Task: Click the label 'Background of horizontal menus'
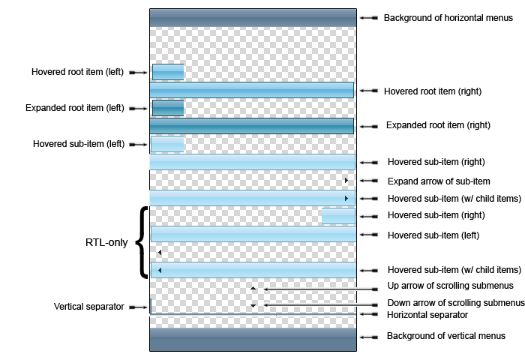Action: tap(448, 18)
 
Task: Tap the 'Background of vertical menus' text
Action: tap(446, 336)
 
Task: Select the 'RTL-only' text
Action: tap(106, 242)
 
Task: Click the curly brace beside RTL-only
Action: tap(142, 242)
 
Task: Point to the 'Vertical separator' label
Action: tap(88, 307)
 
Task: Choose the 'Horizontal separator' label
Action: tap(427, 315)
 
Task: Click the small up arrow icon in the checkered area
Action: tap(253, 288)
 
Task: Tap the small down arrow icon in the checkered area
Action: tap(253, 305)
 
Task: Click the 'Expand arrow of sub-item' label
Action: tap(439, 181)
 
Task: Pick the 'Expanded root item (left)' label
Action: tap(75, 108)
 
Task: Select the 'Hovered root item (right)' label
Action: tap(433, 91)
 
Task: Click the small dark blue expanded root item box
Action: tap(168, 108)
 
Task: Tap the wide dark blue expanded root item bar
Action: tap(252, 126)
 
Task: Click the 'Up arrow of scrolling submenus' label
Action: tap(450, 286)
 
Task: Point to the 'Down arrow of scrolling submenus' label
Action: tap(456, 303)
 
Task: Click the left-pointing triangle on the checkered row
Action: tap(160, 253)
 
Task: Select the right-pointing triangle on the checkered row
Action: tap(346, 181)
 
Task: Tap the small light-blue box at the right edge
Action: tap(338, 216)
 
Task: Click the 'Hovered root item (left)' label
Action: tap(77, 72)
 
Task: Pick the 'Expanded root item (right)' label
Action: tap(438, 125)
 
